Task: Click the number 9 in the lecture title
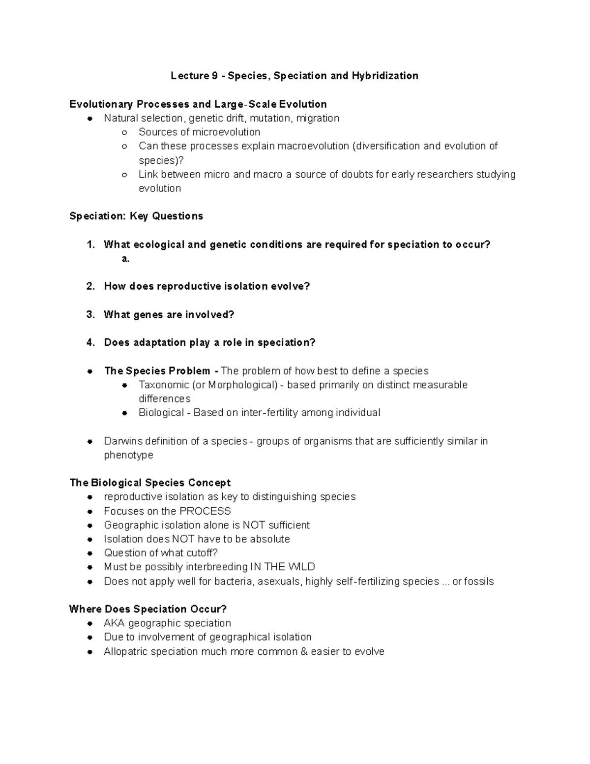[214, 76]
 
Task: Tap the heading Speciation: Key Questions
[136, 216]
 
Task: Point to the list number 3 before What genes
[90, 314]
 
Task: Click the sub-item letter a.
[125, 259]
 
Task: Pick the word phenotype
[128, 455]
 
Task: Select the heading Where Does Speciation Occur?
[148, 609]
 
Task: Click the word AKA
[114, 623]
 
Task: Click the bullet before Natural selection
[90, 119]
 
